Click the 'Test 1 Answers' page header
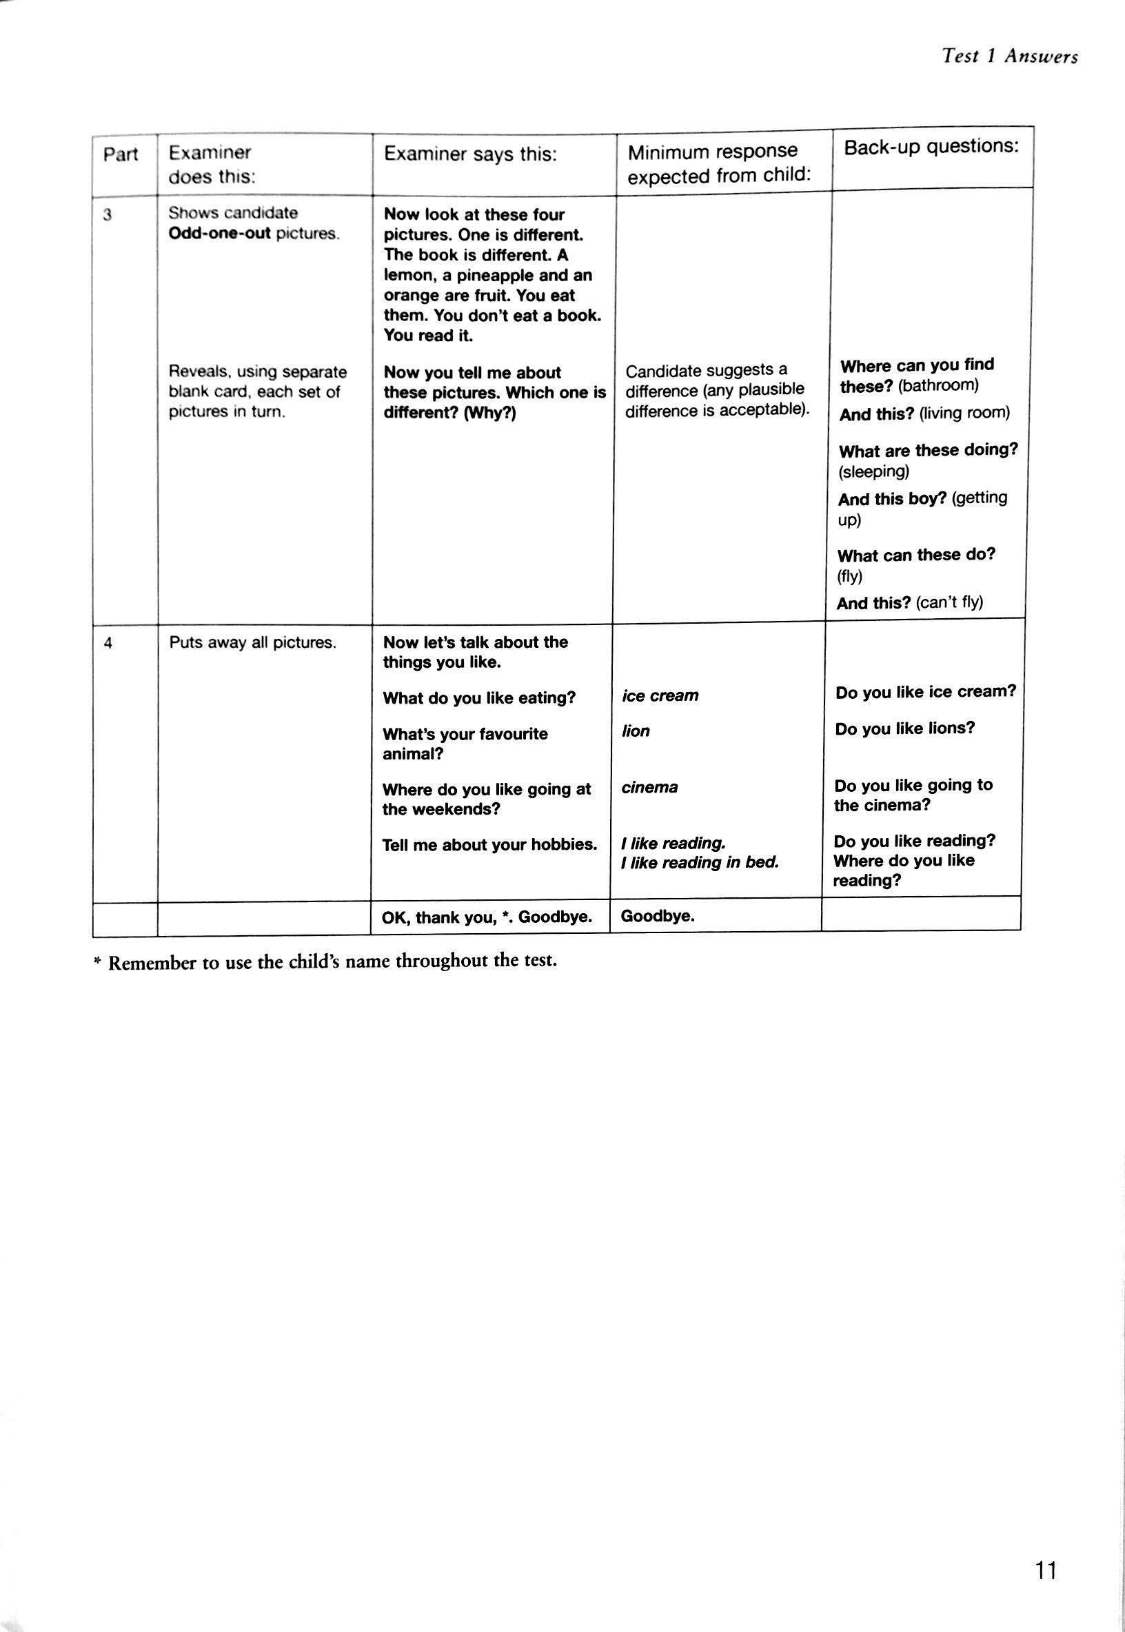click(x=1009, y=57)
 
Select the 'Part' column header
click(x=121, y=154)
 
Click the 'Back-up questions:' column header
click(x=931, y=147)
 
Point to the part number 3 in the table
click(x=107, y=216)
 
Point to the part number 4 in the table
click(x=108, y=642)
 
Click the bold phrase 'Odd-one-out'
click(x=219, y=234)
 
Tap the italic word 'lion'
click(x=635, y=731)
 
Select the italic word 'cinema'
click(x=649, y=787)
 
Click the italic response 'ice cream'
click(x=660, y=695)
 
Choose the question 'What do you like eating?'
click(x=478, y=697)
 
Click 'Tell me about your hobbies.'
click(x=489, y=844)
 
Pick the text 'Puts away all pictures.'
click(x=252, y=642)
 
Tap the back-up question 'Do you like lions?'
click(x=904, y=728)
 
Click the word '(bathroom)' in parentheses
click(x=938, y=385)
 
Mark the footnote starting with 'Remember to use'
click(x=332, y=961)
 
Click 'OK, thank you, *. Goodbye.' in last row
click(x=487, y=917)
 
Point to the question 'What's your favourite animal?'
click(x=465, y=744)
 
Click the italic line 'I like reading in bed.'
click(x=699, y=862)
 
